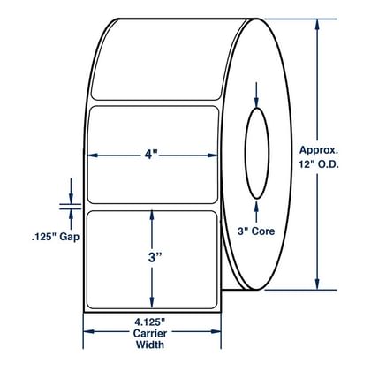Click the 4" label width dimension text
151,154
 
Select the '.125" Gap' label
56,237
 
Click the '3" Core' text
256,231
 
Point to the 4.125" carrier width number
150,322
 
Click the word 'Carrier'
150,333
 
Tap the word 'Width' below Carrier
150,344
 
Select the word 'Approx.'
319,150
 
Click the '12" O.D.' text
319,164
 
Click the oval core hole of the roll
257,154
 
